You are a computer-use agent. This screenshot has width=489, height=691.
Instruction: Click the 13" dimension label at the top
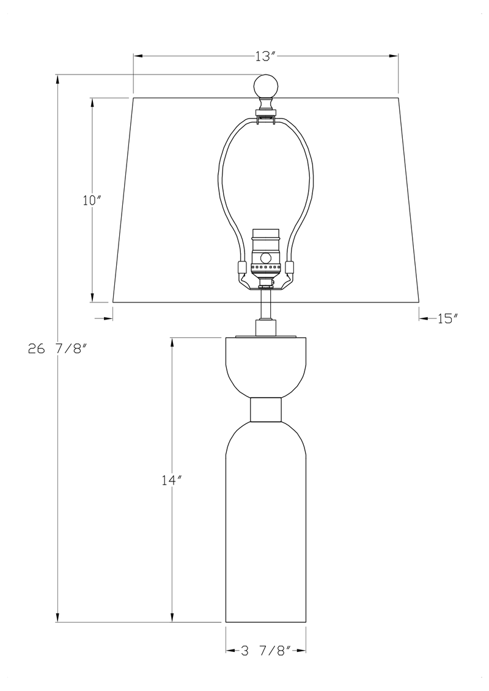266,56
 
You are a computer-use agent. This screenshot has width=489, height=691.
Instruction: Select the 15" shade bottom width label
447,318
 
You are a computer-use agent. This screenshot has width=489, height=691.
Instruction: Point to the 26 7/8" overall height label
57,349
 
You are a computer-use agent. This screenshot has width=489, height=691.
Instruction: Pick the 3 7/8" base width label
265,651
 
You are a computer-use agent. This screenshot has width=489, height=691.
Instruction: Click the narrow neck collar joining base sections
266,409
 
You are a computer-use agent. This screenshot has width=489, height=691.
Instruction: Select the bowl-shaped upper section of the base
266,365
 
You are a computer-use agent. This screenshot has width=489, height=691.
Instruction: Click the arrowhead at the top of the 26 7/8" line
58,79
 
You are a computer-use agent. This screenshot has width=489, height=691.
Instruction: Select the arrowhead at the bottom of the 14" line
172,618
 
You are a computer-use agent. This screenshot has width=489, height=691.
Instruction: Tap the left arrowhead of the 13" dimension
138,56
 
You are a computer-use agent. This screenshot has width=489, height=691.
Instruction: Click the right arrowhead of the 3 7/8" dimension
301,651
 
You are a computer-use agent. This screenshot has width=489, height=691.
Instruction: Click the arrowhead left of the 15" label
423,318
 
